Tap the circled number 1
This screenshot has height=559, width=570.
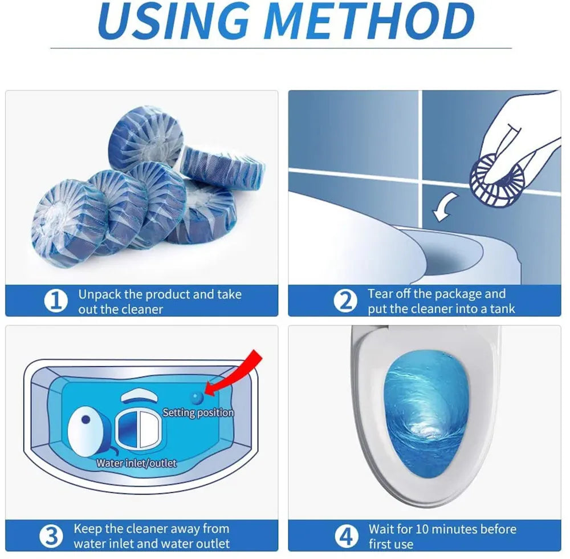pyautogui.click(x=55, y=301)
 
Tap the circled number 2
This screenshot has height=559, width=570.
pyautogui.click(x=345, y=301)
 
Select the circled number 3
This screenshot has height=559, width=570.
pyautogui.click(x=51, y=536)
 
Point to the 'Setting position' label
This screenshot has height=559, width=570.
pyautogui.click(x=198, y=412)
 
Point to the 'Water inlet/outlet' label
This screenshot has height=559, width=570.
pyautogui.click(x=136, y=463)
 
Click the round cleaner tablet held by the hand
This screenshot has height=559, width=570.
pyautogui.click(x=493, y=177)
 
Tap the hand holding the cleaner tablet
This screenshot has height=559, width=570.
pyautogui.click(x=519, y=131)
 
